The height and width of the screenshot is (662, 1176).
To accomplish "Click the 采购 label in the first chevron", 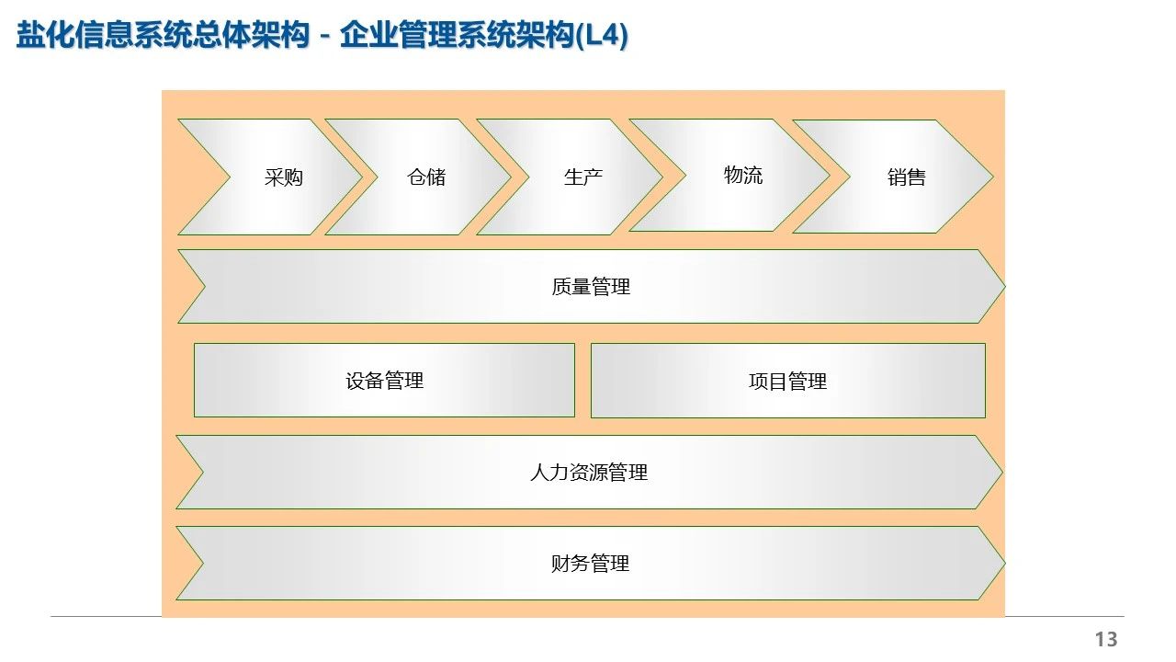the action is click(283, 177).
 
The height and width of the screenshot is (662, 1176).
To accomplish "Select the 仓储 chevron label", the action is click(426, 177).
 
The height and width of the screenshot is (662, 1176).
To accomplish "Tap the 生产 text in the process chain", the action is click(582, 177).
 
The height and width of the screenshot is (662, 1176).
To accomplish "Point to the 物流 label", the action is click(742, 175).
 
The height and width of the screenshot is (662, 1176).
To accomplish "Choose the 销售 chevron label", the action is click(906, 177).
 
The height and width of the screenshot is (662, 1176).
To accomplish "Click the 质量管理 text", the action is click(591, 287).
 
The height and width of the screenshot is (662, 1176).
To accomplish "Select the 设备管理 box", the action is click(384, 381).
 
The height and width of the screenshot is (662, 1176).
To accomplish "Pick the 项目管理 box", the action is click(787, 381).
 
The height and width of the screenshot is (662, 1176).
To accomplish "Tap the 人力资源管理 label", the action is click(589, 473).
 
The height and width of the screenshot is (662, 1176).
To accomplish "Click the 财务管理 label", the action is click(590, 564).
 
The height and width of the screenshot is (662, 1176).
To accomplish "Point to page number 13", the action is click(1105, 639).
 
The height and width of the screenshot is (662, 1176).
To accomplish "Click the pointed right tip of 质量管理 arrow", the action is click(1004, 287).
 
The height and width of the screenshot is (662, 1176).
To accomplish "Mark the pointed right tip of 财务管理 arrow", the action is click(1004, 563).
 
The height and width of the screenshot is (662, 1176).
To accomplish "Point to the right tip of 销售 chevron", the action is click(992, 176).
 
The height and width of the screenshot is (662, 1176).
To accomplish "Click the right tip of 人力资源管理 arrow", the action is click(1001, 472).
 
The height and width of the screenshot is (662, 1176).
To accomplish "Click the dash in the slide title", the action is click(324, 39).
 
